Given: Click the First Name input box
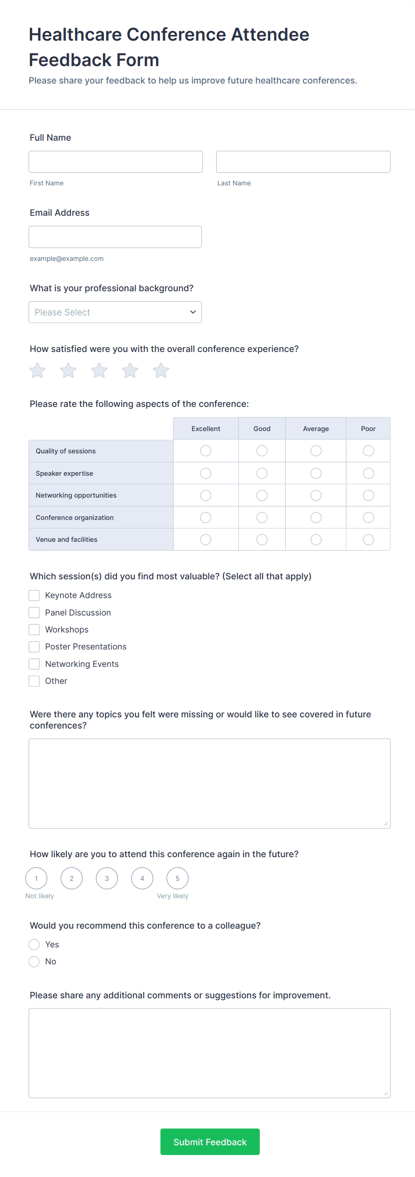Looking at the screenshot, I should pyautogui.click(x=116, y=162).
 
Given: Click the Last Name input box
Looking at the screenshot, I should pyautogui.click(x=303, y=162).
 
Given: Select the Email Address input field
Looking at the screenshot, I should pyautogui.click(x=115, y=237).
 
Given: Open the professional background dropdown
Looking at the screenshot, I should pyautogui.click(x=115, y=312).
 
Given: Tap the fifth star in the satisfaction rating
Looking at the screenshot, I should pyautogui.click(x=161, y=371).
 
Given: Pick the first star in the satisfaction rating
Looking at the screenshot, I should pyautogui.click(x=37, y=371).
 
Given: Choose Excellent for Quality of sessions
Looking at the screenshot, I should pyautogui.click(x=206, y=451).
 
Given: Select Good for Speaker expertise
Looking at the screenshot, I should pyautogui.click(x=262, y=473).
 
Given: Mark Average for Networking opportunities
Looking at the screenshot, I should pyautogui.click(x=316, y=495).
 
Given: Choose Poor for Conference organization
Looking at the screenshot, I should pyautogui.click(x=369, y=518).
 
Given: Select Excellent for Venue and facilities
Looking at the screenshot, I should pyautogui.click(x=206, y=540).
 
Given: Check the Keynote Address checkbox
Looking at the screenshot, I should pyautogui.click(x=34, y=595).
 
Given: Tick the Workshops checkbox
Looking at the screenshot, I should pyautogui.click(x=34, y=630).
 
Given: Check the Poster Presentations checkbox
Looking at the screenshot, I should pyautogui.click(x=34, y=646).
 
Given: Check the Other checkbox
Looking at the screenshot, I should pyautogui.click(x=34, y=681).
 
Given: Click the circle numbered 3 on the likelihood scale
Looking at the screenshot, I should pyautogui.click(x=107, y=878).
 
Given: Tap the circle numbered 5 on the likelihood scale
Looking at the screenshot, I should pyautogui.click(x=178, y=878).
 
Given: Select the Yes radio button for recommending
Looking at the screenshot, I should pyautogui.click(x=34, y=944).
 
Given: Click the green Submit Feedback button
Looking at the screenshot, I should pyautogui.click(x=210, y=1142).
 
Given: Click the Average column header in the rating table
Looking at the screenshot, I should pyautogui.click(x=316, y=428).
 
